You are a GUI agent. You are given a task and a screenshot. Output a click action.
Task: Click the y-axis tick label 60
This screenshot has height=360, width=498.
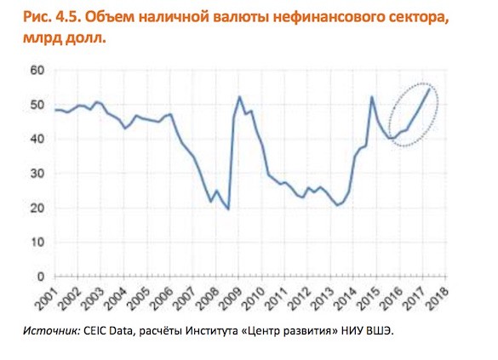[x=37, y=70]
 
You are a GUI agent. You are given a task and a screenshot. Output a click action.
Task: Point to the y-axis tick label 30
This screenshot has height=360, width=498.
[x=37, y=174]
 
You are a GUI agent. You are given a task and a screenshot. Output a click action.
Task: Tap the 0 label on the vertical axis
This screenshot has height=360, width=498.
[x=41, y=277]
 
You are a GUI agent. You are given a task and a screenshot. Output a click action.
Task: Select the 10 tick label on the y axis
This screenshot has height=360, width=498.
[x=37, y=243]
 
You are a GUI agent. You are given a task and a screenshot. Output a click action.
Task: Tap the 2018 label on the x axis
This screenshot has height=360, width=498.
[x=438, y=299]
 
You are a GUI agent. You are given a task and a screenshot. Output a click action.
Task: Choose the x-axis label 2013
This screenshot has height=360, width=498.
[x=323, y=299]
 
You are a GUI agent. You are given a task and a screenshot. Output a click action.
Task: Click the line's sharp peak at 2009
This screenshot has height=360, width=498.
[x=239, y=96]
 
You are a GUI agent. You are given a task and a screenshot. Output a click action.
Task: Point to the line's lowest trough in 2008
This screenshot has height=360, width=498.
[x=228, y=209]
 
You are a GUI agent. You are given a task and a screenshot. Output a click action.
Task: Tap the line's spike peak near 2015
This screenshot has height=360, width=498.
[x=372, y=97]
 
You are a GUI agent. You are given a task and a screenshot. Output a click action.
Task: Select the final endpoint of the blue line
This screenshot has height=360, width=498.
[x=429, y=89]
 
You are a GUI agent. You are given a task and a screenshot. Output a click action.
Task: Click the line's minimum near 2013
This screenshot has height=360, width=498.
[x=337, y=205]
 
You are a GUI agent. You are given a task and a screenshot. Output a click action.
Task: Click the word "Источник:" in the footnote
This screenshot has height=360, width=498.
[x=52, y=331]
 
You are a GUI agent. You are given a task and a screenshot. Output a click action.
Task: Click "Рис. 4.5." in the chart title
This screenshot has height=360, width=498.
[x=52, y=18]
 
